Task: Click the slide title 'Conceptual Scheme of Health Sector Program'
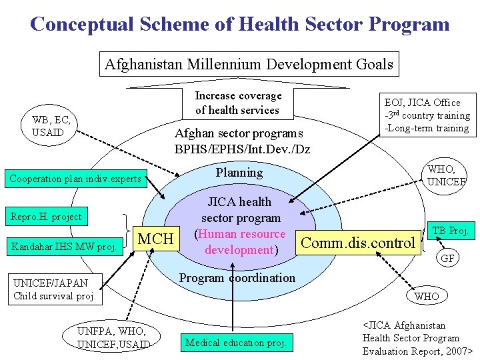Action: pyautogui.click(x=240, y=25)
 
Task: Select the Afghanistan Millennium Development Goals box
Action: pyautogui.click(x=249, y=65)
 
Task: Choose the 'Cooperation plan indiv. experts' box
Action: pyautogui.click(x=75, y=179)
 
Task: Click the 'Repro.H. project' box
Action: pyautogui.click(x=45, y=217)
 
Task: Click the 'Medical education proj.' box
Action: pyautogui.click(x=236, y=343)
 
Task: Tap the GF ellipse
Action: pyautogui.click(x=447, y=258)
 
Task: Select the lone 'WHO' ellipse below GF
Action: pyautogui.click(x=427, y=295)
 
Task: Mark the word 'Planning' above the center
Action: pyautogui.click(x=239, y=173)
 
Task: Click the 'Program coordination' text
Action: pyautogui.click(x=238, y=277)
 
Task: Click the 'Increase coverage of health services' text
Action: pyautogui.click(x=238, y=103)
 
